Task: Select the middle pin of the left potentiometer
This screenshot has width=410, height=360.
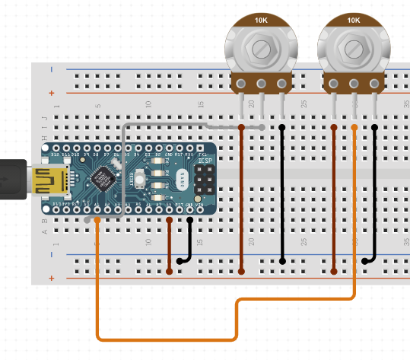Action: pos(262,84)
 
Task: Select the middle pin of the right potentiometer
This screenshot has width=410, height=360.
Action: pos(354,84)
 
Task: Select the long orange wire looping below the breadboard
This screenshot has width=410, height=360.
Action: pos(167,337)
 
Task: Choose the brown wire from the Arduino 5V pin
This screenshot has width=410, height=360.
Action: pos(169,244)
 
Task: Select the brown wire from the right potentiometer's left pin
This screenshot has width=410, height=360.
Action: pos(334,198)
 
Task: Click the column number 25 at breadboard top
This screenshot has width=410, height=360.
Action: pos(304,104)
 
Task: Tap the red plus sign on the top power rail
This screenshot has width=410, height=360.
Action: pos(51,93)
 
